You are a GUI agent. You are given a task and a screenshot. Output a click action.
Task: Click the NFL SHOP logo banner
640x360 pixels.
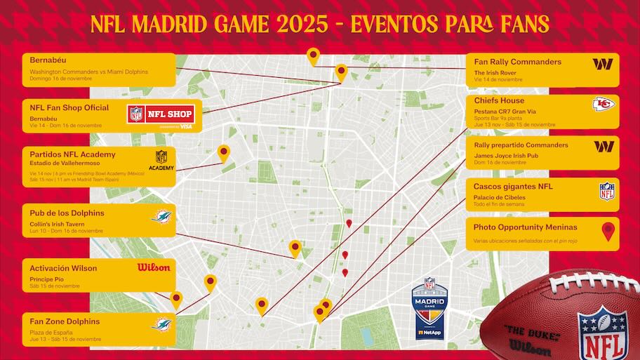[x=161, y=115]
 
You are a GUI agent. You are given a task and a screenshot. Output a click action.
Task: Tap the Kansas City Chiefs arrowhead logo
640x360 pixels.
[x=602, y=104]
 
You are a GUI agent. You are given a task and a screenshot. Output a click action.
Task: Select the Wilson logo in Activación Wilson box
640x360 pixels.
[x=154, y=267]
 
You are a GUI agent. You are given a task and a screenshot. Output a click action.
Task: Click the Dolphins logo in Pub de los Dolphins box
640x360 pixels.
[x=161, y=216]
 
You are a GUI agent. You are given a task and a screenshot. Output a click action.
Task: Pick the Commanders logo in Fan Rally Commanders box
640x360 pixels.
[x=602, y=64]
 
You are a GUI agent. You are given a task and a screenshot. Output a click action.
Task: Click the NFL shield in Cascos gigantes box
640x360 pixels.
[x=606, y=191]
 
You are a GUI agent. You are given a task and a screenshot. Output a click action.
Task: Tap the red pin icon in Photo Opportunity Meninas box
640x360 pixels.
[x=608, y=231]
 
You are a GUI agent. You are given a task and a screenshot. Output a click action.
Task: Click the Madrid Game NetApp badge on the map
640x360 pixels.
[x=429, y=309]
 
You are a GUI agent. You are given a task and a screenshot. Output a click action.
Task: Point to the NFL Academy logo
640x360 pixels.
[x=161, y=160]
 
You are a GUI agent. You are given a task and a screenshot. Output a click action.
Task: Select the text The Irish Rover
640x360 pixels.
[x=495, y=72]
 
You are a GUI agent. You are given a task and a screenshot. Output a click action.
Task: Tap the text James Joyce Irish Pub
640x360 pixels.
[x=507, y=154]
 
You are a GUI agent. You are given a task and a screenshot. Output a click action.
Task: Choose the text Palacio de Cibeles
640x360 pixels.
[x=499, y=197]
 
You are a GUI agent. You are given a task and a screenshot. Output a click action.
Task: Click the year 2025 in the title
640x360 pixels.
[x=301, y=24]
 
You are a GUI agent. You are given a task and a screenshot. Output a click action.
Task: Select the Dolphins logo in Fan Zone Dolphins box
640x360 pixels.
[x=163, y=324]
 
